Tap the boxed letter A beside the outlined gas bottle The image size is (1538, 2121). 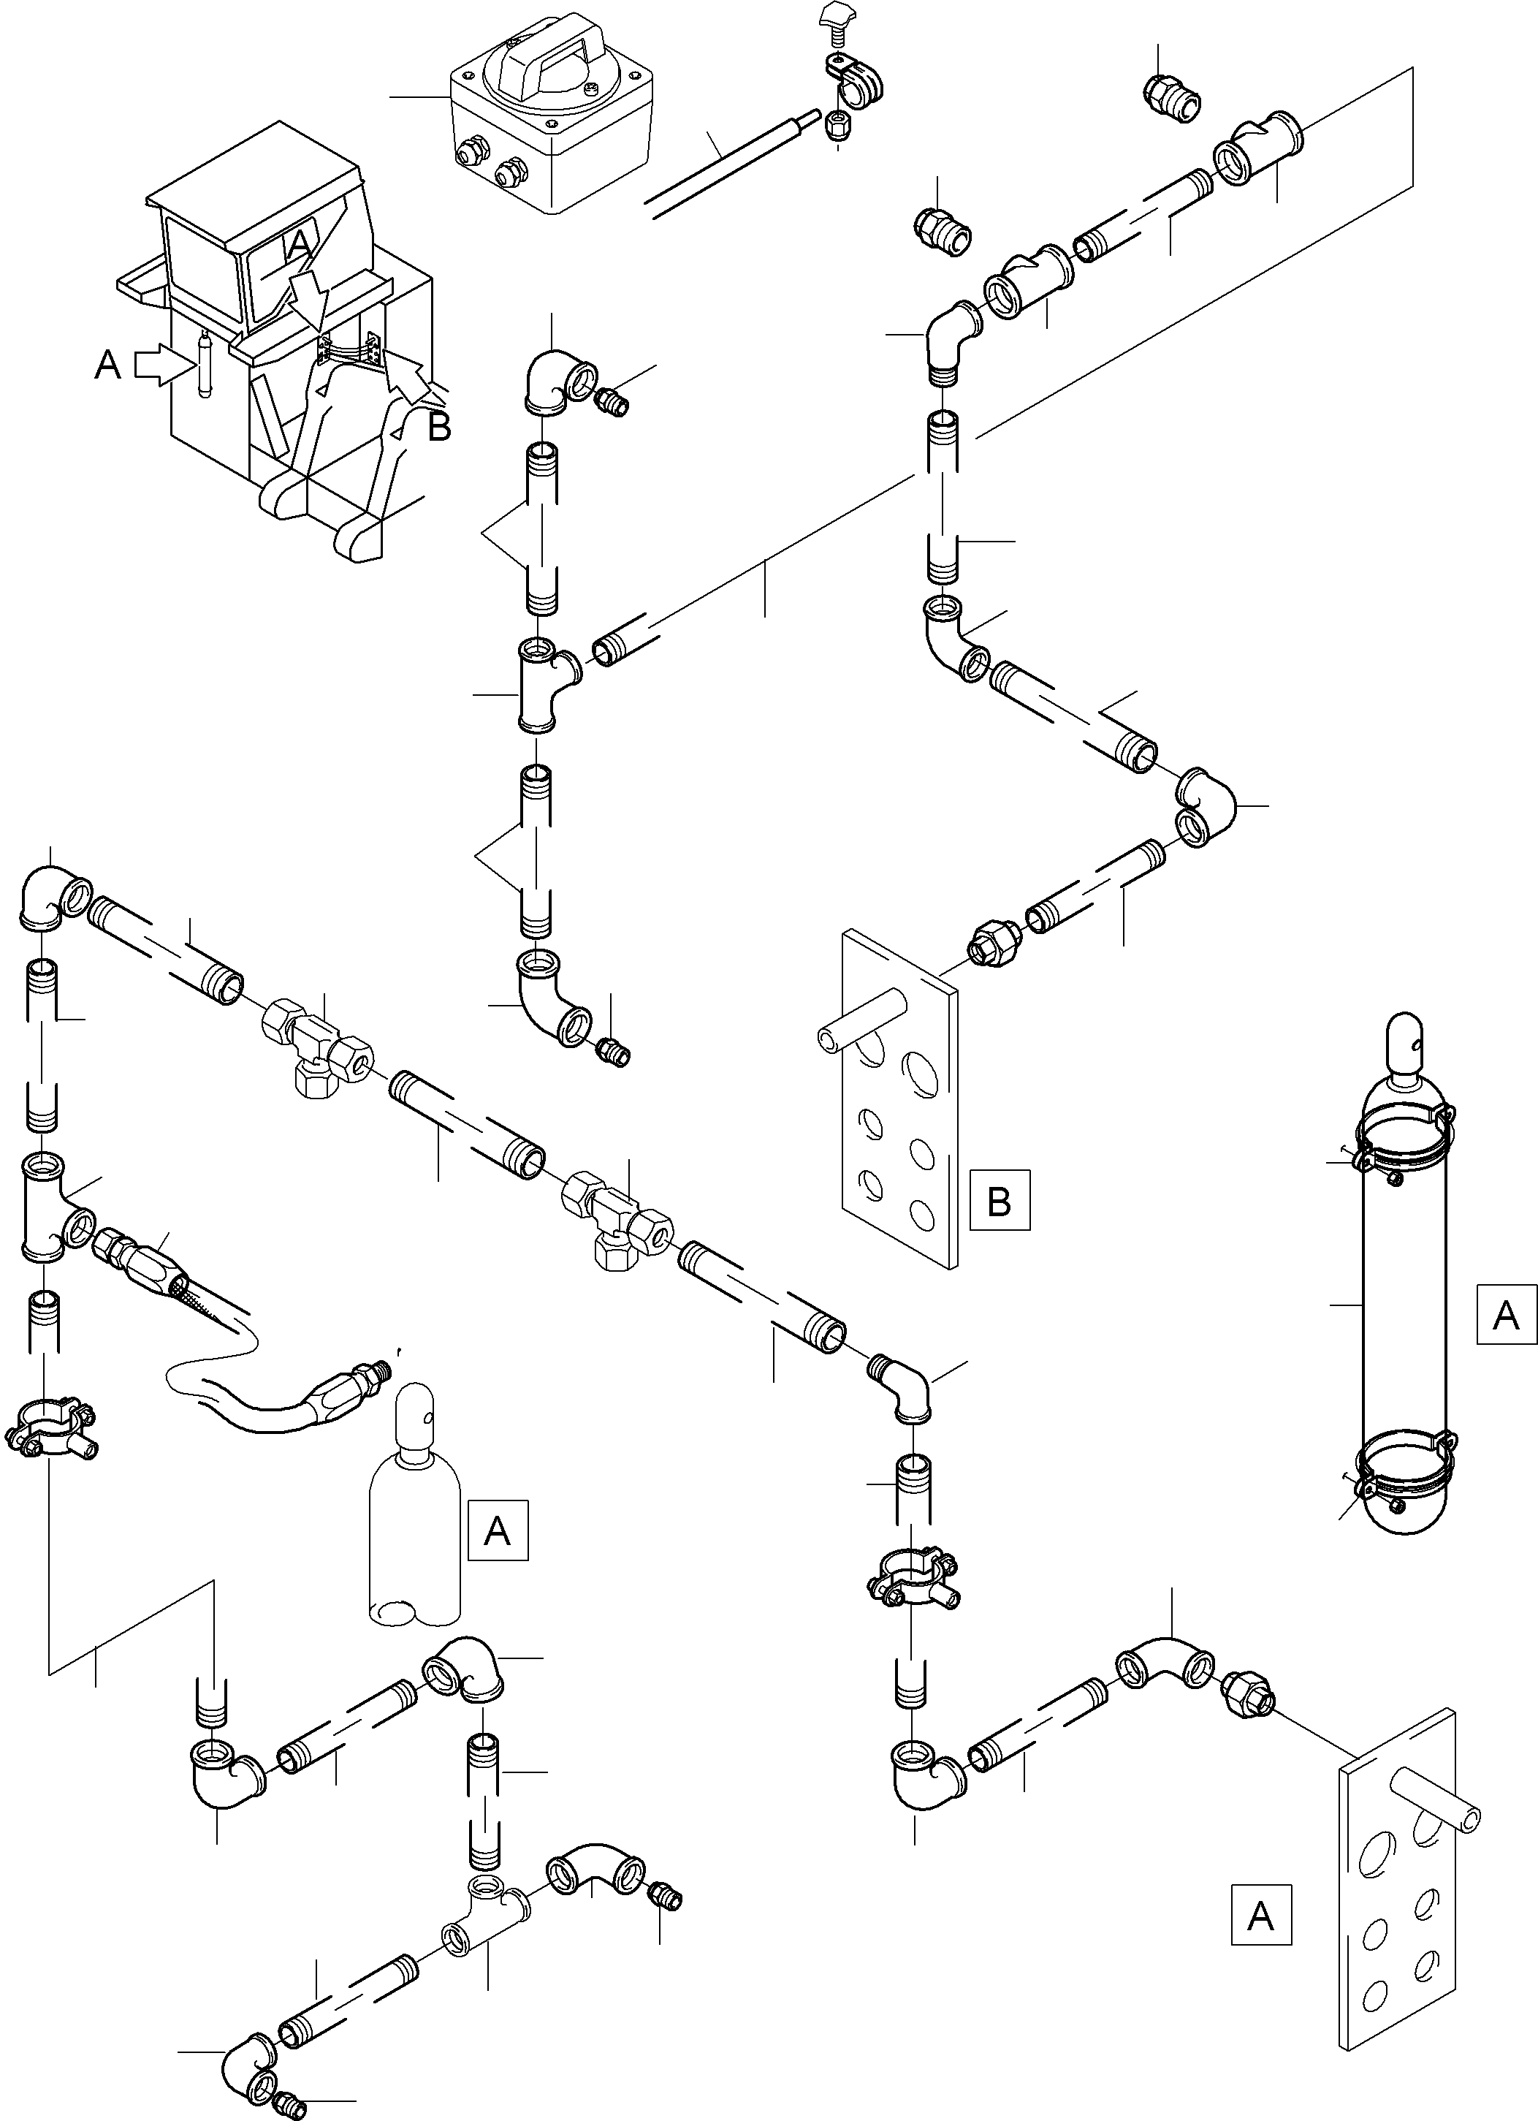[x=498, y=1530]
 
